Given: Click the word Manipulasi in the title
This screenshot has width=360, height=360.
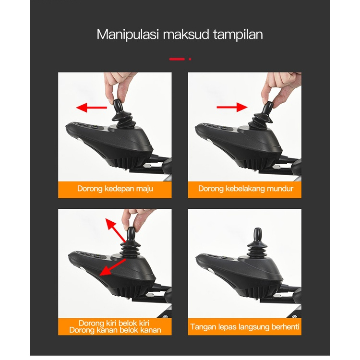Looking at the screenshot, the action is tap(128, 35).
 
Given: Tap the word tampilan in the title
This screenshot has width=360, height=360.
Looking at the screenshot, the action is tap(238, 35).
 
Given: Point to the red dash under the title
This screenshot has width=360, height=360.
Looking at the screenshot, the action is tap(177, 59).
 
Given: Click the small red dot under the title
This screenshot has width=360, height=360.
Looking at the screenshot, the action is tap(190, 59).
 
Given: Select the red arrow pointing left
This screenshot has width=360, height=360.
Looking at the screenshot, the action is tap(91, 107).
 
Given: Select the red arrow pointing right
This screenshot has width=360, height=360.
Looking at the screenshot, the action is tap(232, 107).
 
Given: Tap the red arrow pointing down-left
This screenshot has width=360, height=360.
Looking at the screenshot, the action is tap(113, 267).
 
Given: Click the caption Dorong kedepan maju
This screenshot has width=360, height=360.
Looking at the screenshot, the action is tap(115, 189).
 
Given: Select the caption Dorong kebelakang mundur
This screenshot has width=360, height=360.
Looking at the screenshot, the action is tap(246, 189).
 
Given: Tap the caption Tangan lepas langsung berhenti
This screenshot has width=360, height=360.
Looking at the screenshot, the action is tap(245, 326).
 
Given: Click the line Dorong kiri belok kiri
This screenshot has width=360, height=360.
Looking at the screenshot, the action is tap(114, 323).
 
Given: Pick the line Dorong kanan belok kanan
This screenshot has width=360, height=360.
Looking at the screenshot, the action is tap(115, 330).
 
